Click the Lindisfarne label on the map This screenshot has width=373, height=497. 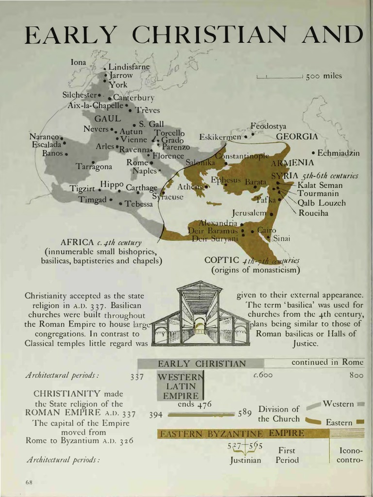(x=129, y=66)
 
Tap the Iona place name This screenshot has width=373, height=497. (x=78, y=62)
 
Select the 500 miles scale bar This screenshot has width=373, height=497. (x=280, y=76)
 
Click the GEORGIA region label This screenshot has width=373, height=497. (x=297, y=136)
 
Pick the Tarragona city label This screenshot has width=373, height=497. (x=94, y=166)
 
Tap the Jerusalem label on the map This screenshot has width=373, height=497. (x=249, y=213)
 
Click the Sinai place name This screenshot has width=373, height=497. (x=281, y=238)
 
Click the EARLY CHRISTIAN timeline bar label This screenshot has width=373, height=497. (x=202, y=364)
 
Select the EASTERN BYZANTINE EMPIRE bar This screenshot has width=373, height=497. (x=231, y=433)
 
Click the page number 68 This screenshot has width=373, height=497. (x=29, y=482)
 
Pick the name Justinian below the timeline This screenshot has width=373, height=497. (x=245, y=460)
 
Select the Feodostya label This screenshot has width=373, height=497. (x=268, y=126)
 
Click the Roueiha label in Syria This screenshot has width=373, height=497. (x=313, y=213)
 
